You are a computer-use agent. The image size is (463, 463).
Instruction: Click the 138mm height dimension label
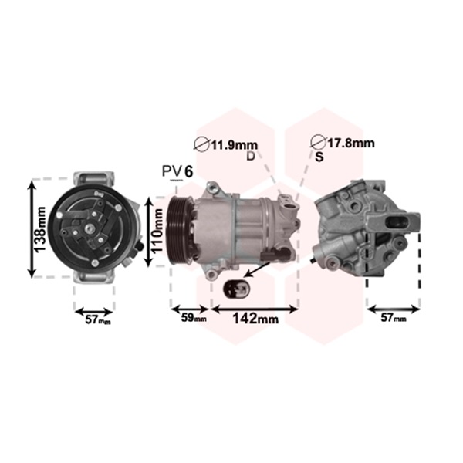click(40, 229)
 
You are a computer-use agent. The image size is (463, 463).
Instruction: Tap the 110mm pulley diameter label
click(157, 230)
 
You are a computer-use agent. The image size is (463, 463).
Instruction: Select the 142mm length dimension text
click(255, 318)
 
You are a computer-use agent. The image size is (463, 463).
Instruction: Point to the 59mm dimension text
click(194, 317)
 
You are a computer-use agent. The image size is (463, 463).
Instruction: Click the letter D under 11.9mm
click(250, 156)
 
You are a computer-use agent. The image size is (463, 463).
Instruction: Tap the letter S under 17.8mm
click(319, 157)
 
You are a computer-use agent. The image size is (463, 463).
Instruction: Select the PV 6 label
click(177, 171)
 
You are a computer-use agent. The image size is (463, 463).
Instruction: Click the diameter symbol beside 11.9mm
click(202, 144)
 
